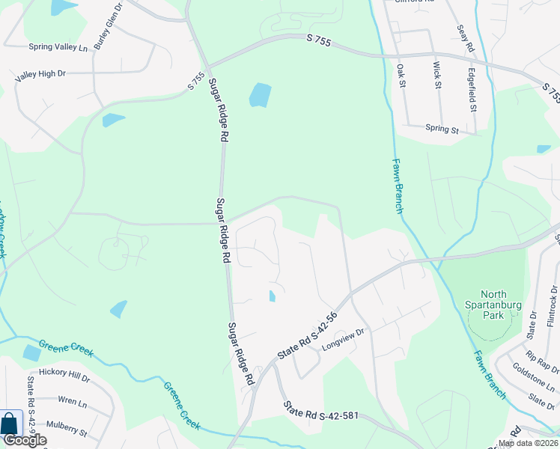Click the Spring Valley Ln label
(x=58, y=47)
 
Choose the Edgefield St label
(x=472, y=91)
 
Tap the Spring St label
(x=442, y=129)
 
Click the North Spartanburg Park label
(x=493, y=305)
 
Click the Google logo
(x=24, y=440)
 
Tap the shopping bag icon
(x=11, y=423)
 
